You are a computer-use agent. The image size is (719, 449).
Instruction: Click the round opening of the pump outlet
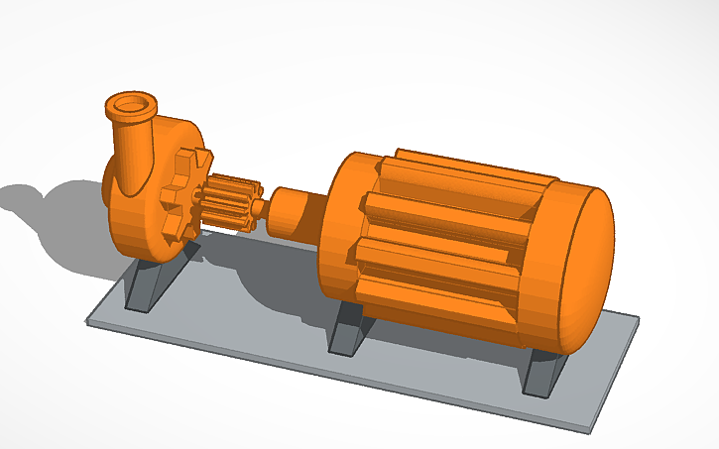(131, 101)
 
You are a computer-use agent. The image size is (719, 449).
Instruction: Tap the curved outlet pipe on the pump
(131, 149)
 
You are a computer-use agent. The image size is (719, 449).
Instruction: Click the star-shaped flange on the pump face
(182, 193)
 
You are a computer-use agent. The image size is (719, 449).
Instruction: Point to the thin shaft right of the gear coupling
(260, 208)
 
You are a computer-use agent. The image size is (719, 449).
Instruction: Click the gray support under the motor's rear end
(543, 372)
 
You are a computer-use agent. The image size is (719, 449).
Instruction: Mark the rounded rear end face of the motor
(585, 268)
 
